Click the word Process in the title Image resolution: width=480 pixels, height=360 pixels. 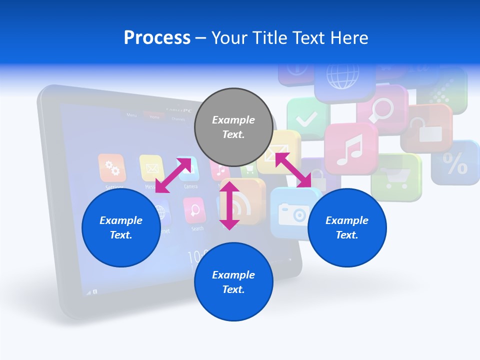pyautogui.click(x=157, y=38)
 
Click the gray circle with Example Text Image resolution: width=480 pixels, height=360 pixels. pyautogui.click(x=233, y=127)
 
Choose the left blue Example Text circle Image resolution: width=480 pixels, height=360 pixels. pyautogui.click(x=120, y=227)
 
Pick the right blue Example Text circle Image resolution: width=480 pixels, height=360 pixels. pyautogui.click(x=347, y=227)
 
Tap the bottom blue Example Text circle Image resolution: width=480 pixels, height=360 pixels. pyautogui.click(x=233, y=282)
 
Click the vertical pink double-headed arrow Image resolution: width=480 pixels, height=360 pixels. pyautogui.click(x=229, y=205)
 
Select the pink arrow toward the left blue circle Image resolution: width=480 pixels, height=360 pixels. pyautogui.click(x=173, y=175)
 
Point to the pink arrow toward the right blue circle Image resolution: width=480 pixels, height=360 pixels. pyautogui.click(x=293, y=170)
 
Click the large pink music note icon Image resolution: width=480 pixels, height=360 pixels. pyautogui.click(x=350, y=148)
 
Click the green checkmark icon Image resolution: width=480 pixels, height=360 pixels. pyautogui.click(x=306, y=119)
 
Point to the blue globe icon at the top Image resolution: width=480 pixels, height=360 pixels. pyautogui.click(x=342, y=75)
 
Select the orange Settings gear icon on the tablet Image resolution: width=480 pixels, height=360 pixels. pyautogui.click(x=112, y=168)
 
